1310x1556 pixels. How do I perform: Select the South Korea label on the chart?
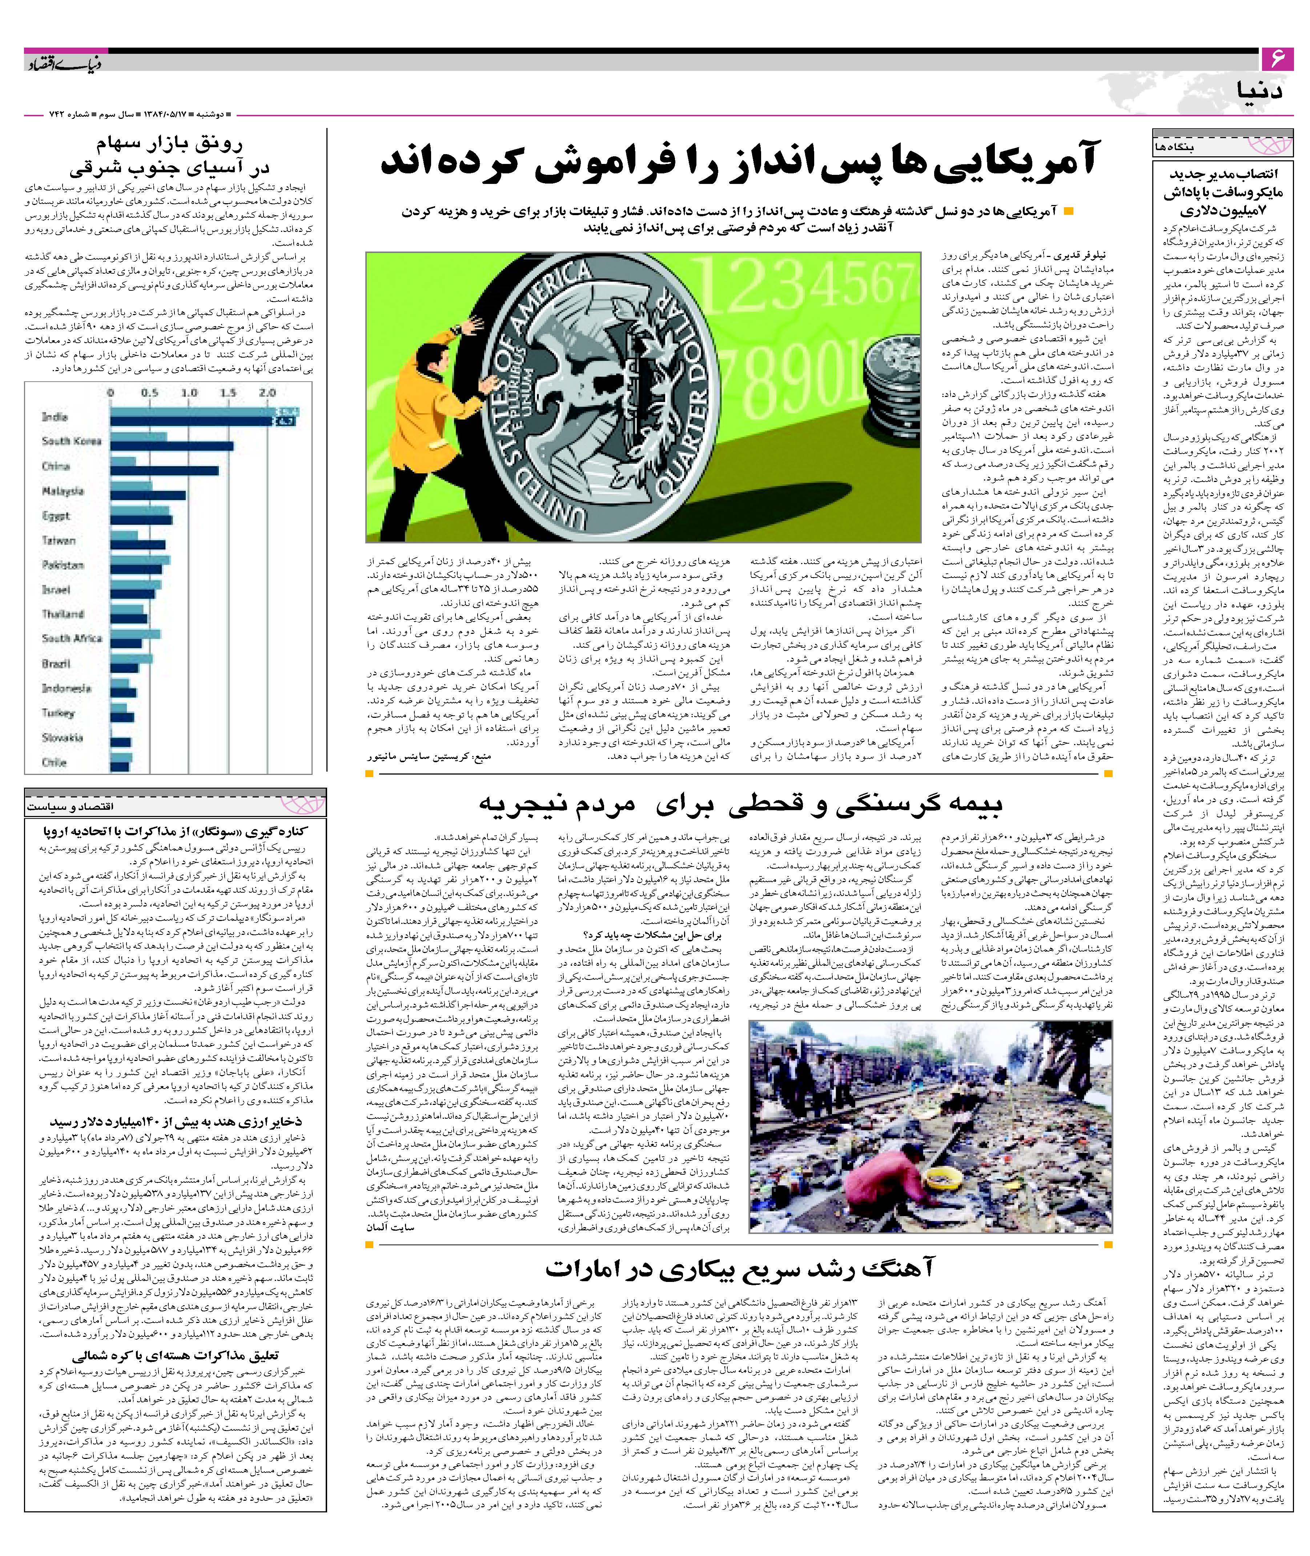pos(71,441)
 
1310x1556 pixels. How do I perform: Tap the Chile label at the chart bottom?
pos(54,762)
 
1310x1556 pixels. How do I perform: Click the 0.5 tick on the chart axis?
pos(150,393)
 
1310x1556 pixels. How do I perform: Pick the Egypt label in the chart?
pos(56,515)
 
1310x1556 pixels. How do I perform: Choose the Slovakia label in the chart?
pos(63,737)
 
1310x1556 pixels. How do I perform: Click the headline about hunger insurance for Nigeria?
pos(739,804)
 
